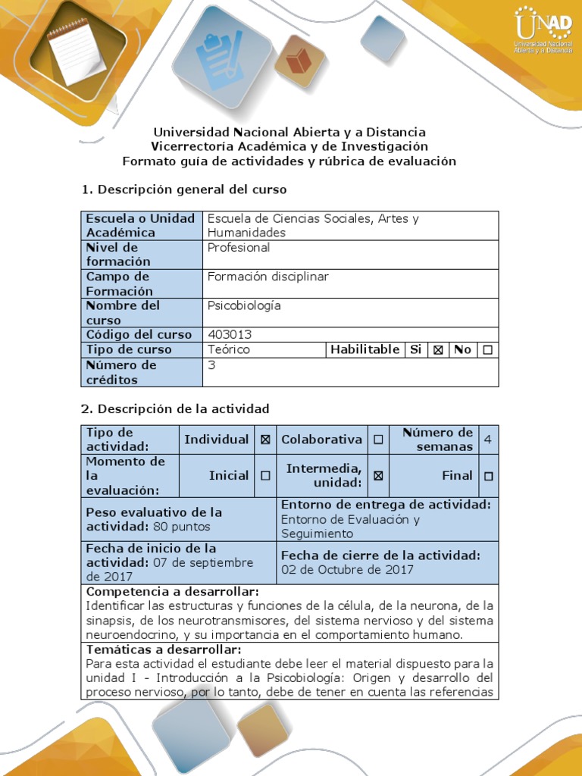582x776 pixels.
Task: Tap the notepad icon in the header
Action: pos(77,51)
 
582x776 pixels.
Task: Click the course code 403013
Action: pos(230,334)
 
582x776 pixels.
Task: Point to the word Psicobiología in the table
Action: pos(244,305)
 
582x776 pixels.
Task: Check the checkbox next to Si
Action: pos(437,349)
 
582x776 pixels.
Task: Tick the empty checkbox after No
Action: pos(487,349)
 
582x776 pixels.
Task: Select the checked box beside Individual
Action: pos(265,440)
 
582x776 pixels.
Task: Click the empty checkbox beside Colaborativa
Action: pos(378,440)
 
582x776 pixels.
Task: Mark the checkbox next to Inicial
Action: pos(265,476)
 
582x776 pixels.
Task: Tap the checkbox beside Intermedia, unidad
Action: pos(378,476)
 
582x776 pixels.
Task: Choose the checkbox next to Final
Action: pos(488,476)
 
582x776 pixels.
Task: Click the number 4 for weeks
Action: pos(487,440)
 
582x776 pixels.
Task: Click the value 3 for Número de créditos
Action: pos(211,365)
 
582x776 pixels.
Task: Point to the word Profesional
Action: pos(239,248)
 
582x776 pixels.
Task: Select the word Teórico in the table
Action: pos(228,349)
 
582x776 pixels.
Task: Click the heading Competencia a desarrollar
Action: pos(173,591)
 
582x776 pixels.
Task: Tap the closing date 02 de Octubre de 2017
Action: pos(347,569)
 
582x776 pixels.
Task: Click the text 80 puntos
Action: pos(182,527)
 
